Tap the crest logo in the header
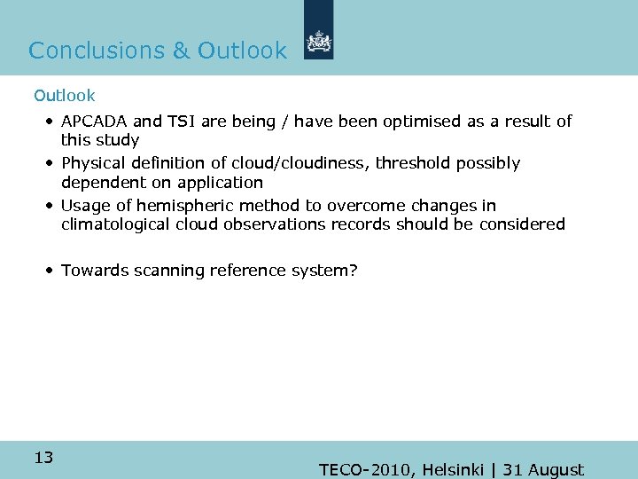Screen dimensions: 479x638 click(x=318, y=42)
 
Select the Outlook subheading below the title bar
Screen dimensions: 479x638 click(x=64, y=95)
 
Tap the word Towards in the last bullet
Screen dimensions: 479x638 click(x=95, y=270)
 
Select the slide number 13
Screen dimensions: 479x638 click(x=43, y=458)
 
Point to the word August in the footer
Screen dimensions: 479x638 click(x=555, y=470)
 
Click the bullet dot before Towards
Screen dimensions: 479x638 click(x=52, y=270)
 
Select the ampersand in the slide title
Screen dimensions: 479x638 click(x=181, y=51)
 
